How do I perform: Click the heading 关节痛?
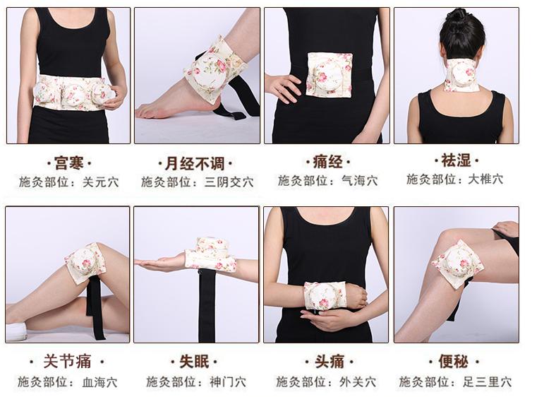[x=68, y=362]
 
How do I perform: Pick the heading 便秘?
[x=454, y=362]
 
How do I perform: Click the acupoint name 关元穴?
[x=100, y=182]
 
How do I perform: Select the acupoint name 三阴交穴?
[x=229, y=182]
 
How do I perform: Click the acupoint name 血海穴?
[x=100, y=382]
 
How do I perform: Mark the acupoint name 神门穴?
[x=228, y=382]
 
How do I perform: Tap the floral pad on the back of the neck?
[x=463, y=74]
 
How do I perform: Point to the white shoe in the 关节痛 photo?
[x=16, y=331]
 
